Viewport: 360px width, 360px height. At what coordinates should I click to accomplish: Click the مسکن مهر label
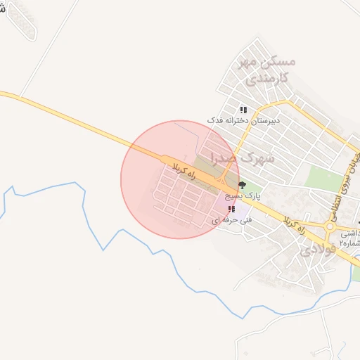click(267, 62)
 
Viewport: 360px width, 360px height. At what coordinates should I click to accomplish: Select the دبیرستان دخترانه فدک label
click(243, 121)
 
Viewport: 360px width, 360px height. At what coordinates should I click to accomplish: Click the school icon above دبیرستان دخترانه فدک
click(243, 110)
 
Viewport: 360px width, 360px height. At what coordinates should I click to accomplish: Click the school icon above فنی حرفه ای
click(231, 209)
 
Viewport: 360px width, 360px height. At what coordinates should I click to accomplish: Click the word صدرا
click(235, 160)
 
